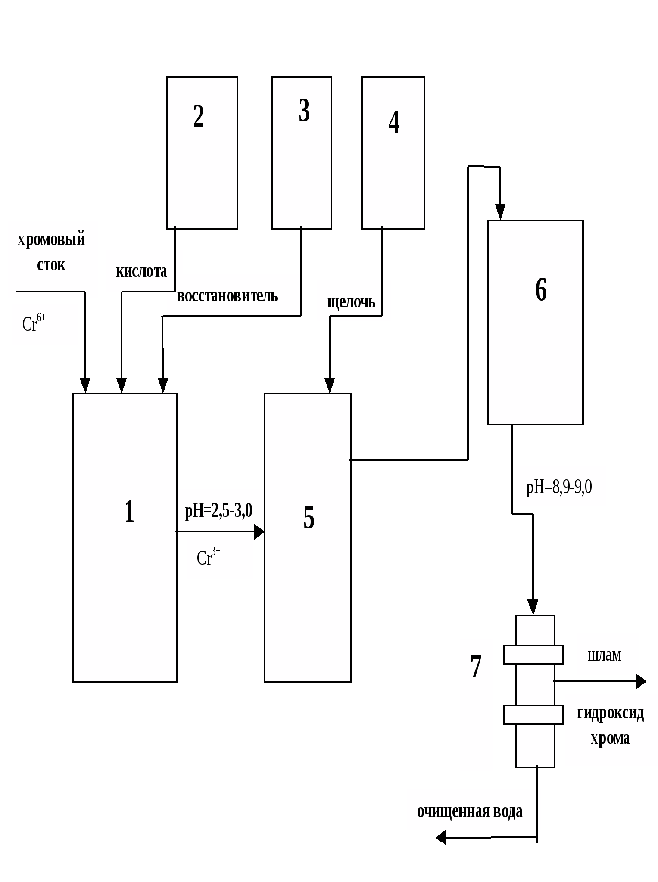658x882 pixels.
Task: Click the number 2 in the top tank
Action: (x=198, y=116)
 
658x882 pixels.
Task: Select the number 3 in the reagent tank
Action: (x=304, y=111)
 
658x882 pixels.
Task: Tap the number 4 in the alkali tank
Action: (x=394, y=122)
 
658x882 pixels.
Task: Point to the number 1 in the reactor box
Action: (x=130, y=512)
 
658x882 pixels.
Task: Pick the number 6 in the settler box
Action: (x=541, y=289)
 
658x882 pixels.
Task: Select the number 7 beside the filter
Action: (x=476, y=667)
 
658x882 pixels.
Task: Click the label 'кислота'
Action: (x=141, y=271)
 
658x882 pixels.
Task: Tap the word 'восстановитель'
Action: (x=227, y=296)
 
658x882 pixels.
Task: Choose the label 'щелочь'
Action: (x=351, y=302)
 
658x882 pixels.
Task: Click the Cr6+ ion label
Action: (x=34, y=323)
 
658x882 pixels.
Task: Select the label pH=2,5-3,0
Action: (x=218, y=511)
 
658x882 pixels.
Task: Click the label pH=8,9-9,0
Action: (x=559, y=487)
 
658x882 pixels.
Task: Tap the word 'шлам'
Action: (x=604, y=655)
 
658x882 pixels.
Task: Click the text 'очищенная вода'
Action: (x=469, y=811)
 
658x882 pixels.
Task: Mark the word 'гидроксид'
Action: (x=610, y=713)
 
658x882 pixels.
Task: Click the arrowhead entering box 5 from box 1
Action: (x=259, y=531)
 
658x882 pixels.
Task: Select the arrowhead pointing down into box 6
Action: (x=500, y=212)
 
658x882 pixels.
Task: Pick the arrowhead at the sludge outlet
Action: (x=641, y=681)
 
